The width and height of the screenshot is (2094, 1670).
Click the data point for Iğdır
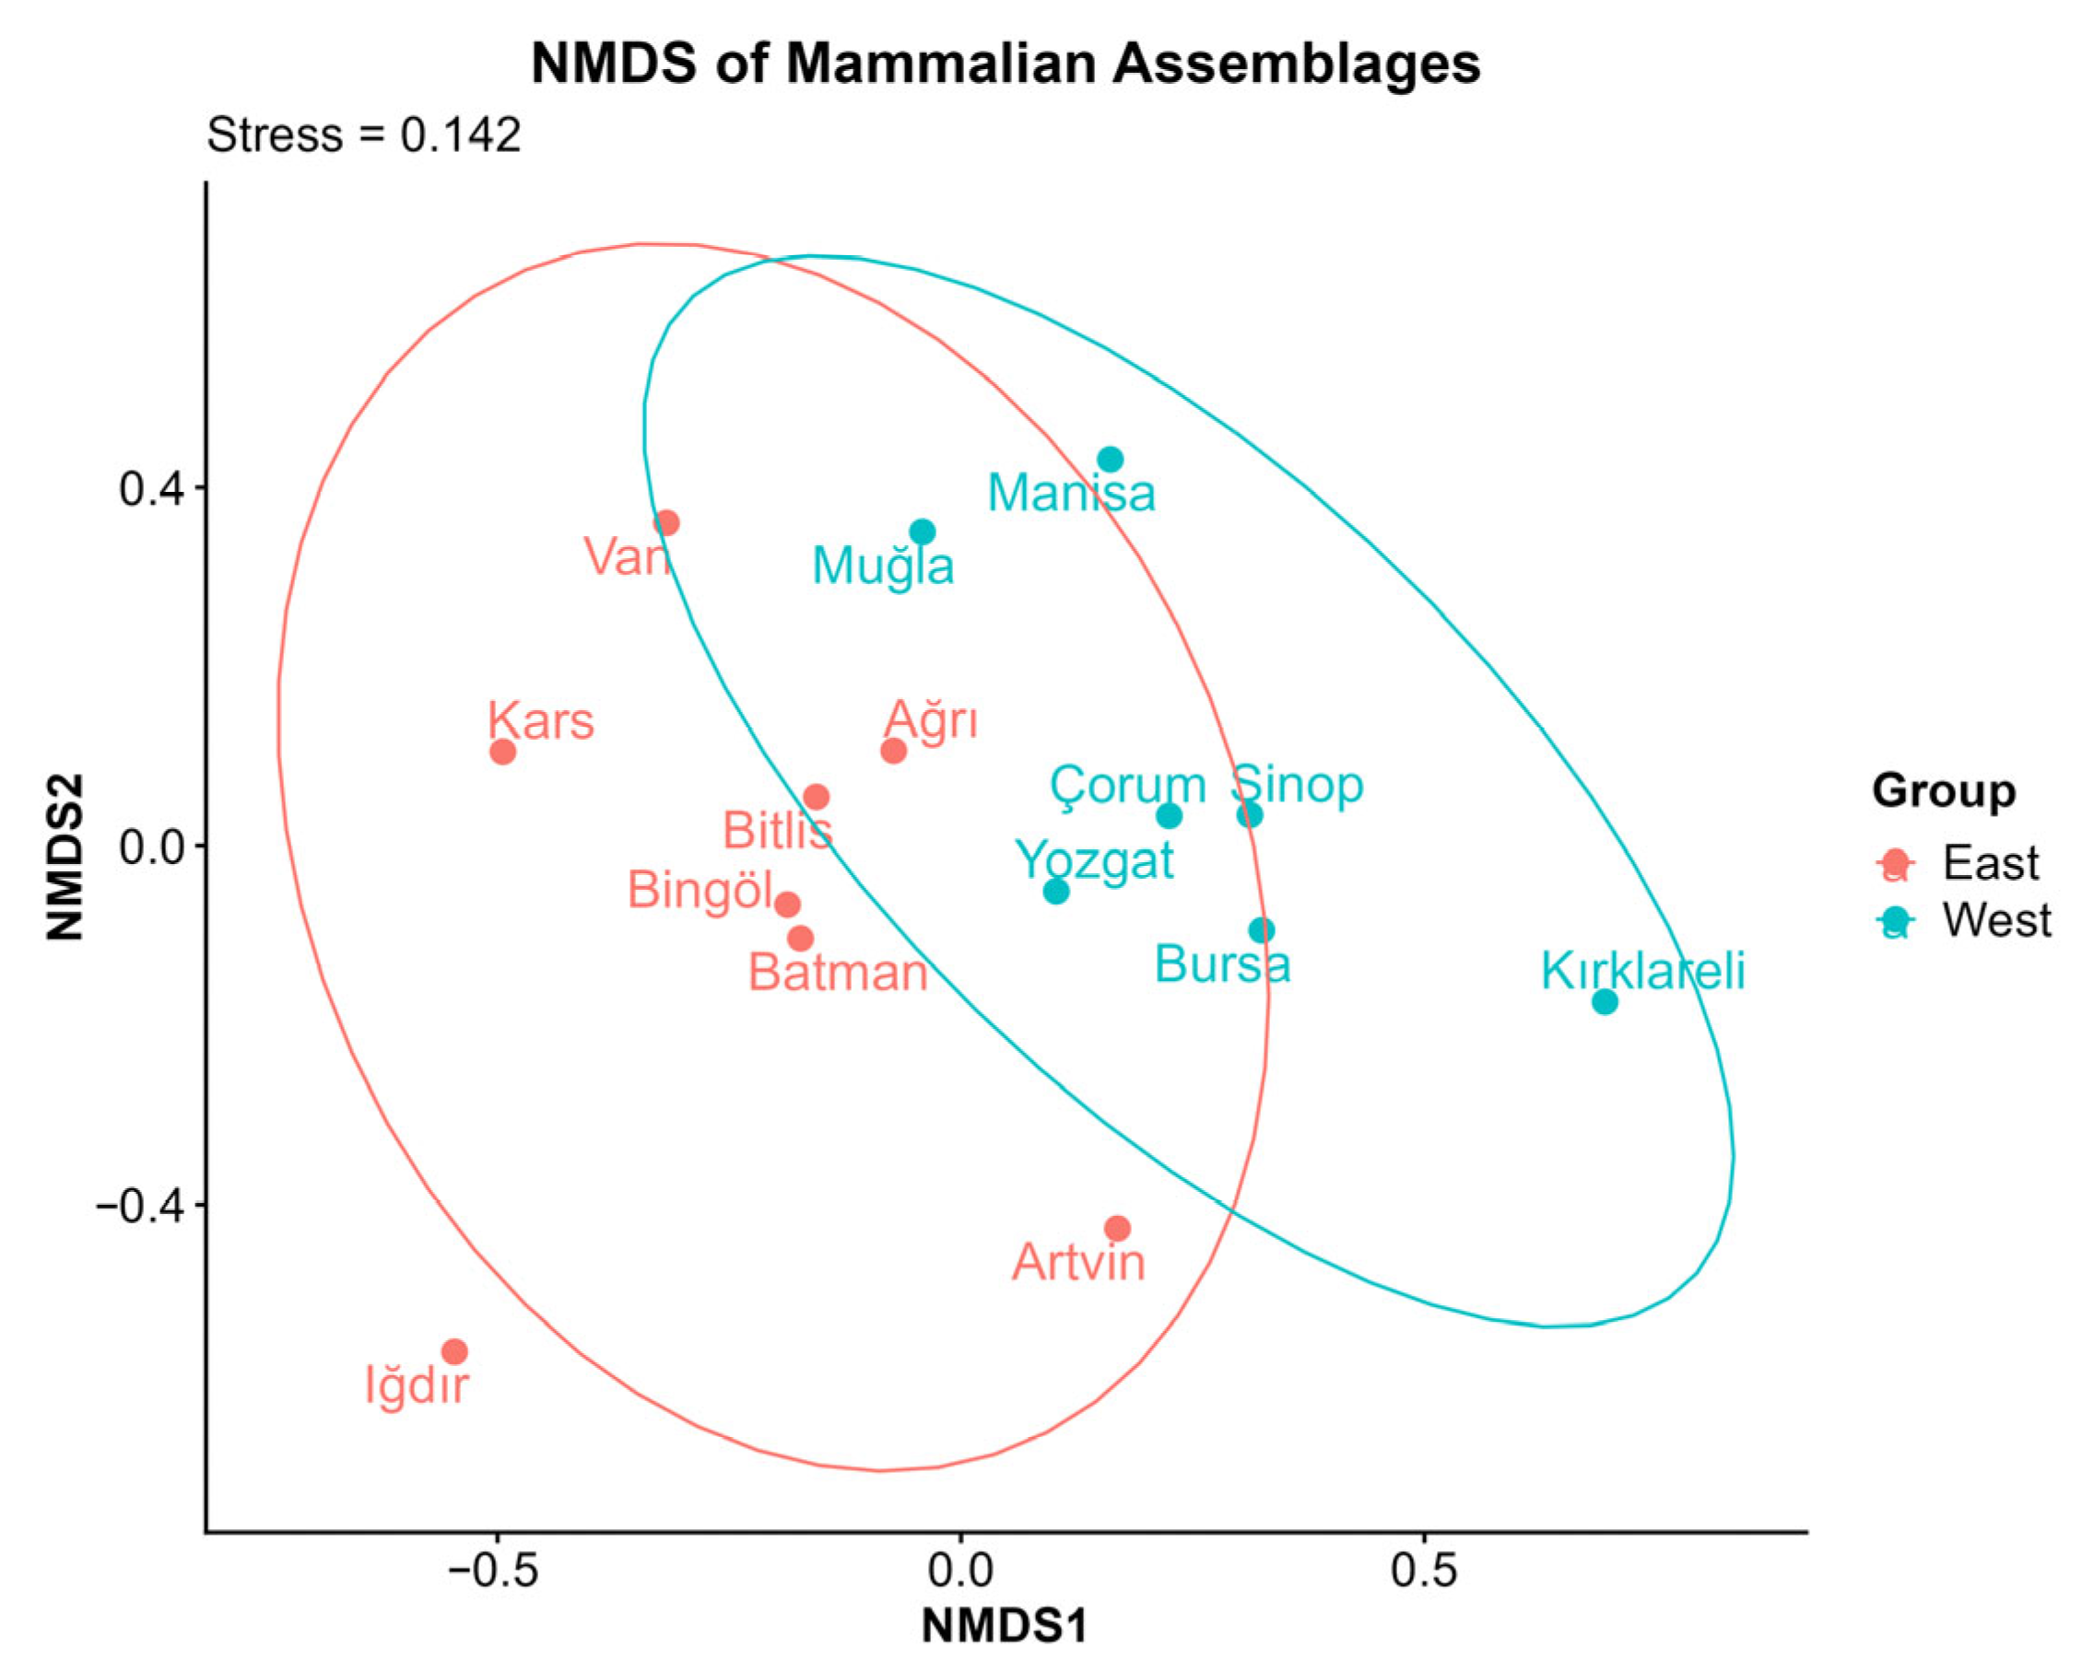[454, 1351]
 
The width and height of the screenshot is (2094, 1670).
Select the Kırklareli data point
[1606, 1001]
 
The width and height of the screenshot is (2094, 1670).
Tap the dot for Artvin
[1118, 1228]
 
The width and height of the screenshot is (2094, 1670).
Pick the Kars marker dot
[502, 752]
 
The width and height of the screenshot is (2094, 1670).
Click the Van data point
[666, 523]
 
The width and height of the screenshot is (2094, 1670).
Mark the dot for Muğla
[923, 532]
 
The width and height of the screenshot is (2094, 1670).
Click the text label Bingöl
[700, 891]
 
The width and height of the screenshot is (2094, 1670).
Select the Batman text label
[838, 973]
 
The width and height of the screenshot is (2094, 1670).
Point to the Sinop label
[1298, 785]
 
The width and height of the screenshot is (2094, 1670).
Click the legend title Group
[1944, 791]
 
